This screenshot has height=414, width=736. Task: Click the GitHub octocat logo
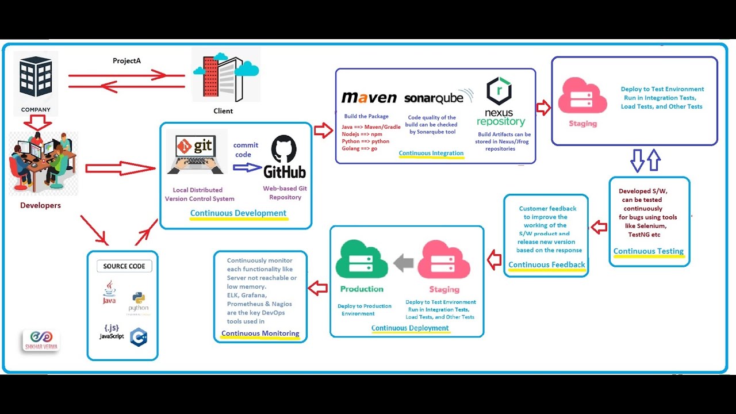click(283, 149)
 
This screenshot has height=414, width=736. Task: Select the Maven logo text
click(369, 98)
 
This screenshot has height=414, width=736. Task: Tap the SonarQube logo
click(434, 98)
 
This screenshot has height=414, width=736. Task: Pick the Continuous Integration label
click(431, 153)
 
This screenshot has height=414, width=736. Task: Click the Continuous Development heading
click(238, 213)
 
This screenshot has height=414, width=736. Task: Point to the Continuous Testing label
click(648, 251)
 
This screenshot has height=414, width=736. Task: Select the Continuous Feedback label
click(546, 264)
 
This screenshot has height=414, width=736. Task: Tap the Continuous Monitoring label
click(260, 333)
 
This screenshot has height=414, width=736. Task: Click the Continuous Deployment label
click(410, 328)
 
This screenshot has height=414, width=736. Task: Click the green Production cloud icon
click(362, 260)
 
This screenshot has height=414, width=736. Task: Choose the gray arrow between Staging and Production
click(404, 263)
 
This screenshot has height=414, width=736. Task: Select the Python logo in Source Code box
click(139, 300)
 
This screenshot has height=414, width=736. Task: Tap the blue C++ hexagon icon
click(139, 337)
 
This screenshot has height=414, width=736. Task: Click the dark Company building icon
click(36, 78)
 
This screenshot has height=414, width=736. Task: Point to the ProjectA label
click(126, 61)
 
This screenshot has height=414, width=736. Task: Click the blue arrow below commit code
click(247, 167)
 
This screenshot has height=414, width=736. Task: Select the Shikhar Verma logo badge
click(40, 340)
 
